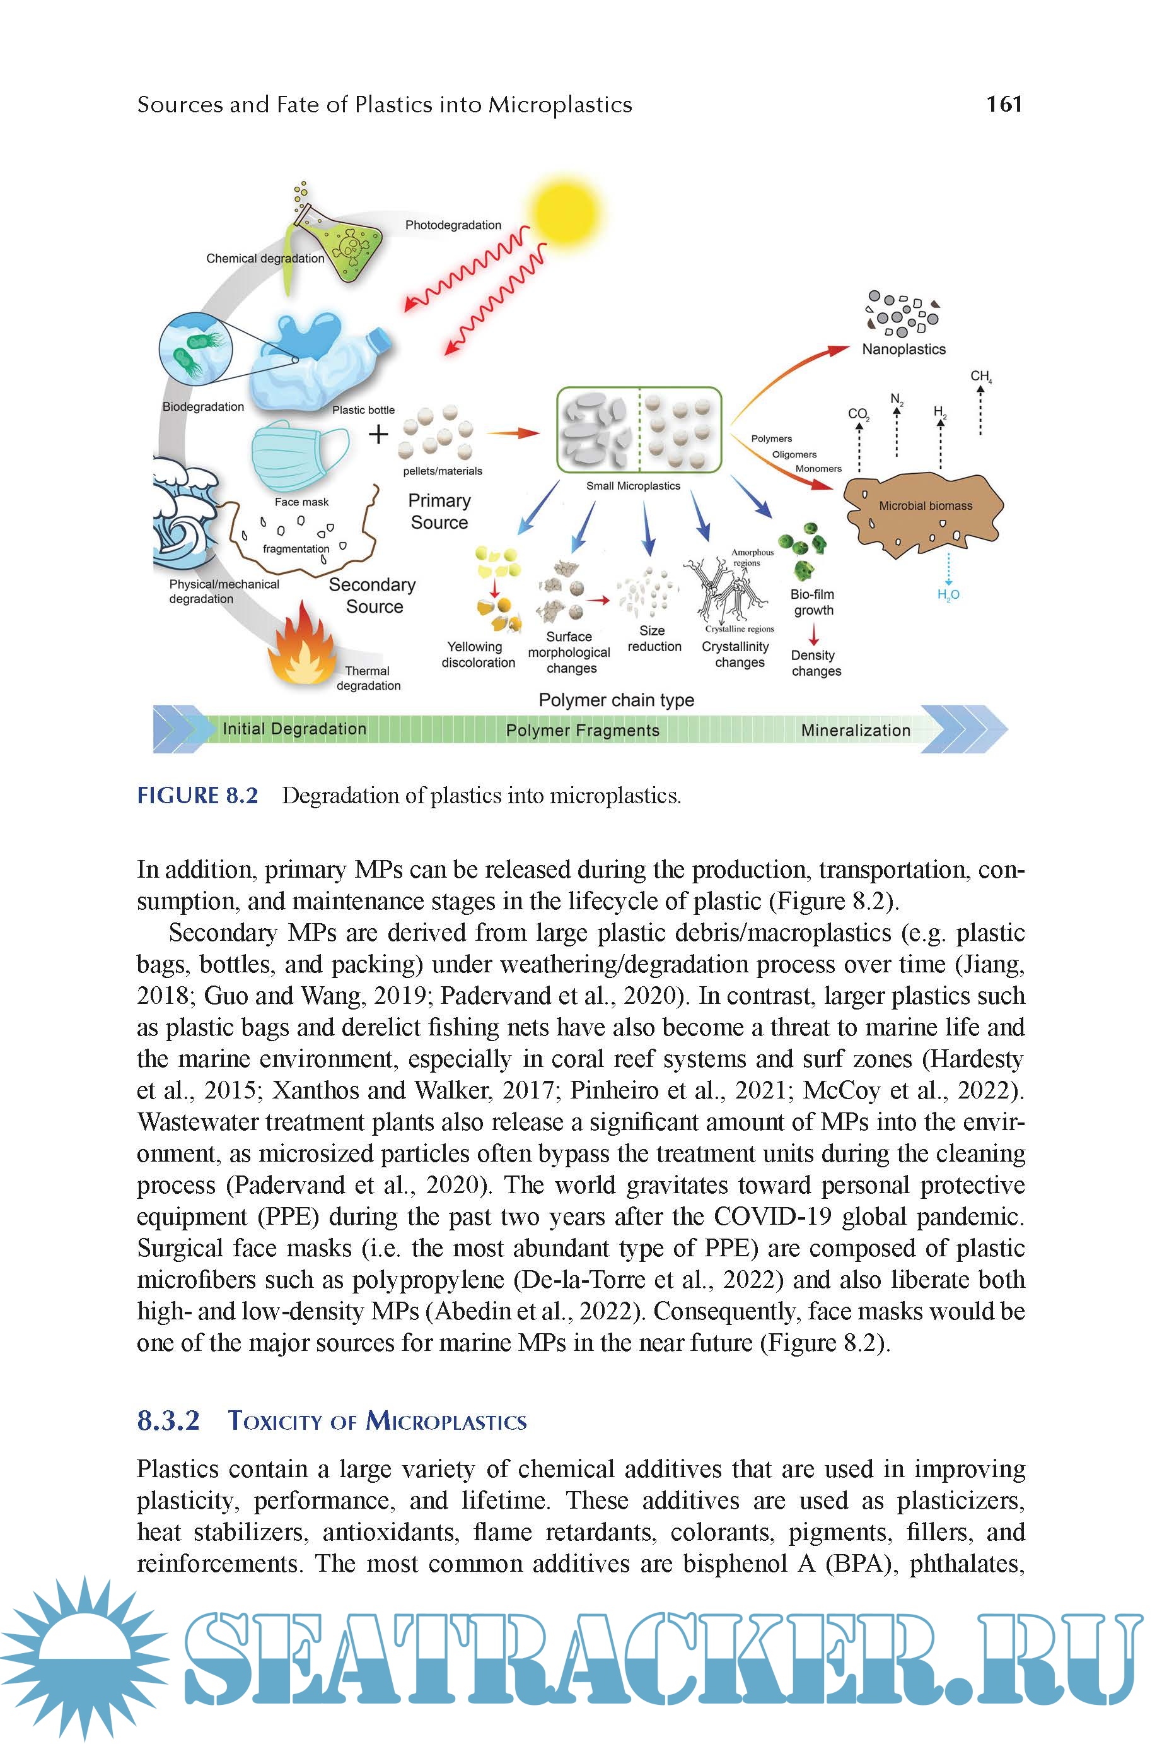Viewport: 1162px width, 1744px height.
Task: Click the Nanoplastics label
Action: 903,350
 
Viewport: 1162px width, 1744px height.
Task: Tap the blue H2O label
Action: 948,594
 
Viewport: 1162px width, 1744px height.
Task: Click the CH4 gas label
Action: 980,377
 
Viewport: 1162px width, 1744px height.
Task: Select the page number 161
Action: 1004,104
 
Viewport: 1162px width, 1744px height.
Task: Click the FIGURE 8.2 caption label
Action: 198,796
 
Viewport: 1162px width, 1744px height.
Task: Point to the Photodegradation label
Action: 453,225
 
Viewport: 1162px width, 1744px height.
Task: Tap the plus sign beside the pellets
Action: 378,433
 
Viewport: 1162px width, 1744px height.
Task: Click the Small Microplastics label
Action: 633,486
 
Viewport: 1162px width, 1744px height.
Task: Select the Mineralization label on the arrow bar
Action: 855,731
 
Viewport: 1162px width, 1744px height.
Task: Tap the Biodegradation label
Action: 203,407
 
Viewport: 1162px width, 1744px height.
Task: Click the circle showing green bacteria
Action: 196,348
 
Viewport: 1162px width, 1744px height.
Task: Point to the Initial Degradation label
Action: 294,729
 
